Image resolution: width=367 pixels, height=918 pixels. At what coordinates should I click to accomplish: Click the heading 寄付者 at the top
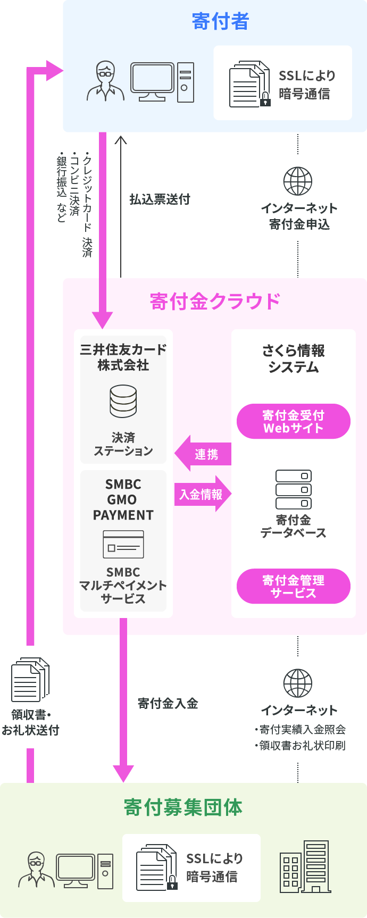tap(220, 21)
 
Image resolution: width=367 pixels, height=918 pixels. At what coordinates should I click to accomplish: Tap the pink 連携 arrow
tap(204, 454)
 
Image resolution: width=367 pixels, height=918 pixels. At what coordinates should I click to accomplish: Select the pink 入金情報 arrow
tap(202, 495)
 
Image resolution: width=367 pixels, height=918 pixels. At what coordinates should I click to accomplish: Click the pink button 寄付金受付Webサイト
tap(293, 421)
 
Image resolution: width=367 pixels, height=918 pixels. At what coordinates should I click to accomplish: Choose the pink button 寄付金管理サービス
tap(293, 586)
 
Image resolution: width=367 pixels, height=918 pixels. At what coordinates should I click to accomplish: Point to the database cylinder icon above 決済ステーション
tap(123, 401)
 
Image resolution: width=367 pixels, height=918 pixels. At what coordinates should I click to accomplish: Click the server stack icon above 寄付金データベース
tap(294, 489)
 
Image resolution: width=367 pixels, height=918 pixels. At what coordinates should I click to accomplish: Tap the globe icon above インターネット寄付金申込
tap(298, 181)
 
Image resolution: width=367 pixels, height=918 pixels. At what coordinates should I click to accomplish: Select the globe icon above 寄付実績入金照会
tap(298, 683)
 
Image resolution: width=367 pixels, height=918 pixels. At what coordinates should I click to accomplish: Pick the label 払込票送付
tap(160, 199)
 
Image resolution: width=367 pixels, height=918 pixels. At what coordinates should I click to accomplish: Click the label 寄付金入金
tap(168, 704)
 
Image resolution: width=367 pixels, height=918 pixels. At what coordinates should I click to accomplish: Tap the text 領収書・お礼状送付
tap(31, 722)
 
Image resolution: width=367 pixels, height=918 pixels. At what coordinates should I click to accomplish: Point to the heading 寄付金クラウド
tap(215, 302)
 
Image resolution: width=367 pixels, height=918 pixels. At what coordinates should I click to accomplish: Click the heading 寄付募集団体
tap(183, 807)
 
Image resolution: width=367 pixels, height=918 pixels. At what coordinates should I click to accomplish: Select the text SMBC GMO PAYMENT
tap(123, 499)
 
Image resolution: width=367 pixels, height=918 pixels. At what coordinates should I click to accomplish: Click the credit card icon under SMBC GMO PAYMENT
tap(123, 544)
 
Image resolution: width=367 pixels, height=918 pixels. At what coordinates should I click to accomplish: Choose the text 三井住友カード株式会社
tap(123, 357)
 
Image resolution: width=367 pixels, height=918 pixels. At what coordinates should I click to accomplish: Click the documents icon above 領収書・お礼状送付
tap(30, 679)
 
